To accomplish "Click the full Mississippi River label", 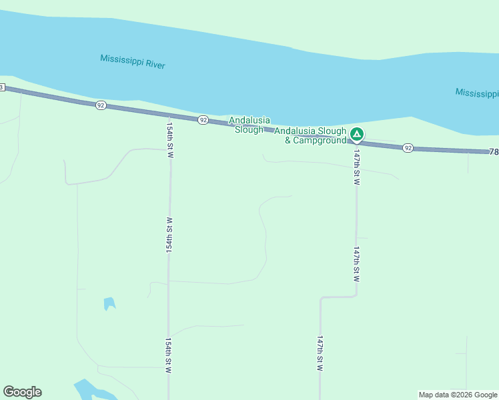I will [132, 61].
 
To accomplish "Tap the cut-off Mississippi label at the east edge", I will [477, 93].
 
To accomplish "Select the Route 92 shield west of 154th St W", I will [101, 105].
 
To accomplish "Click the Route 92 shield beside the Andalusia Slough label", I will [203, 120].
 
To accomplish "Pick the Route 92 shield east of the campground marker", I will [408, 148].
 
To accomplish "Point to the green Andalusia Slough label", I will [249, 125].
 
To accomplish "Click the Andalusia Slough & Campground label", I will [310, 135].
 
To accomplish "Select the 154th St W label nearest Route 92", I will [170, 139].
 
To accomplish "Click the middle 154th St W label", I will [169, 233].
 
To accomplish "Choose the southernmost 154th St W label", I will [169, 355].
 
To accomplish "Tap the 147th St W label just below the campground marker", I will [357, 167].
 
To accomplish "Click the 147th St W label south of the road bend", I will [320, 353].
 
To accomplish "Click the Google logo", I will [22, 392].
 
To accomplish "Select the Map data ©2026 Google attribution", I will [458, 395].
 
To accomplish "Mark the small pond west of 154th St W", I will [109, 303].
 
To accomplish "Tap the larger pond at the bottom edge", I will [87, 389].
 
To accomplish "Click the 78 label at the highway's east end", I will [494, 152].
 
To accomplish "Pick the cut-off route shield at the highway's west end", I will [2, 87].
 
